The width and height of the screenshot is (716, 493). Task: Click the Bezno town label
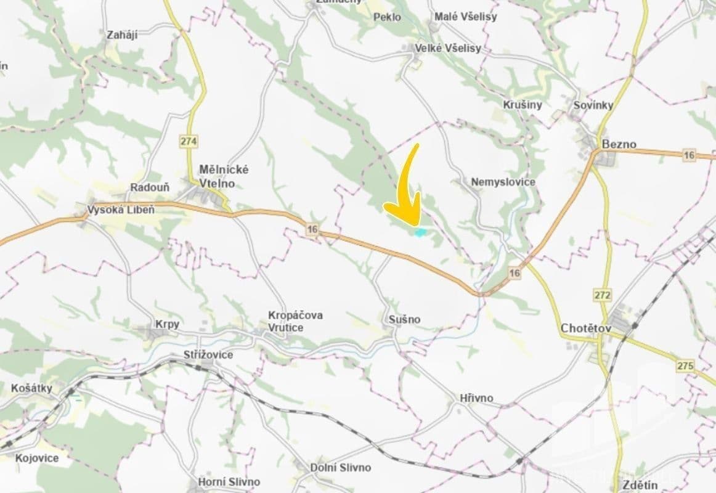(619, 145)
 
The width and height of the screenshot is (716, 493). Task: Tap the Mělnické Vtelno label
(224, 176)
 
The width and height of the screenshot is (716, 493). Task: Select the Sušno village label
(404, 319)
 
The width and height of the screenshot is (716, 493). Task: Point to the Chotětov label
(585, 328)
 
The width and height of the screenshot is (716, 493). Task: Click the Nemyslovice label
(503, 182)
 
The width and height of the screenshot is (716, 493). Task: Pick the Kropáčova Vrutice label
(295, 321)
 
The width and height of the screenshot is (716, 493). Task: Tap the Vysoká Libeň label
(121, 210)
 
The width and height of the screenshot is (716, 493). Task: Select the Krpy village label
(167, 324)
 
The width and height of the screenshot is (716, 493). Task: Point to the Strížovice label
(208, 355)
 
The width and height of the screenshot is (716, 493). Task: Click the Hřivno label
(476, 398)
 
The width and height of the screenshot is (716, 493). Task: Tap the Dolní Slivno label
(341, 468)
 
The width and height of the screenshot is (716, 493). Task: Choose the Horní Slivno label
(229, 481)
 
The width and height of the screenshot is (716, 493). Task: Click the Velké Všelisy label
(447, 48)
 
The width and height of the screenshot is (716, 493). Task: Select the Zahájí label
(122, 35)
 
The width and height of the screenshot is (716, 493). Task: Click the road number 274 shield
(189, 142)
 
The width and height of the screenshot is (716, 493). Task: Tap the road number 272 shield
(603, 295)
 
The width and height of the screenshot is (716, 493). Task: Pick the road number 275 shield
(685, 366)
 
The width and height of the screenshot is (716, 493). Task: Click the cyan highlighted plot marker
(420, 232)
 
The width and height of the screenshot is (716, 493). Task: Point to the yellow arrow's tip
(417, 226)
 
